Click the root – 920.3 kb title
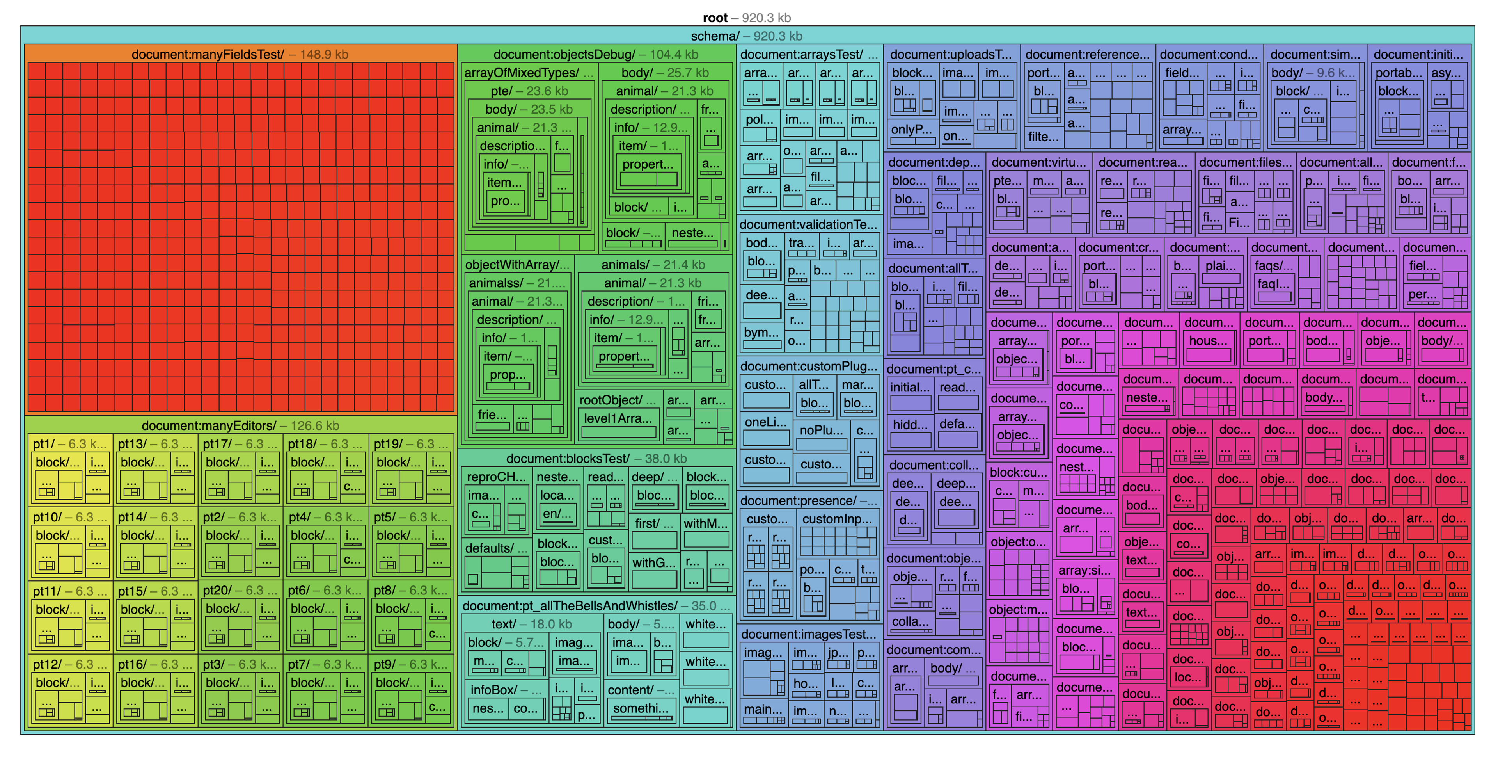[747, 18]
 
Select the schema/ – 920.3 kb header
[747, 36]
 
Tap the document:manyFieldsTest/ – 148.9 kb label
[240, 55]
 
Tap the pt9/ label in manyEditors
[410, 664]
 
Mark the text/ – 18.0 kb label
[531, 624]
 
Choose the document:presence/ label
[808, 501]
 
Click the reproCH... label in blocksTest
[496, 477]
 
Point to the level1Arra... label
[617, 418]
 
